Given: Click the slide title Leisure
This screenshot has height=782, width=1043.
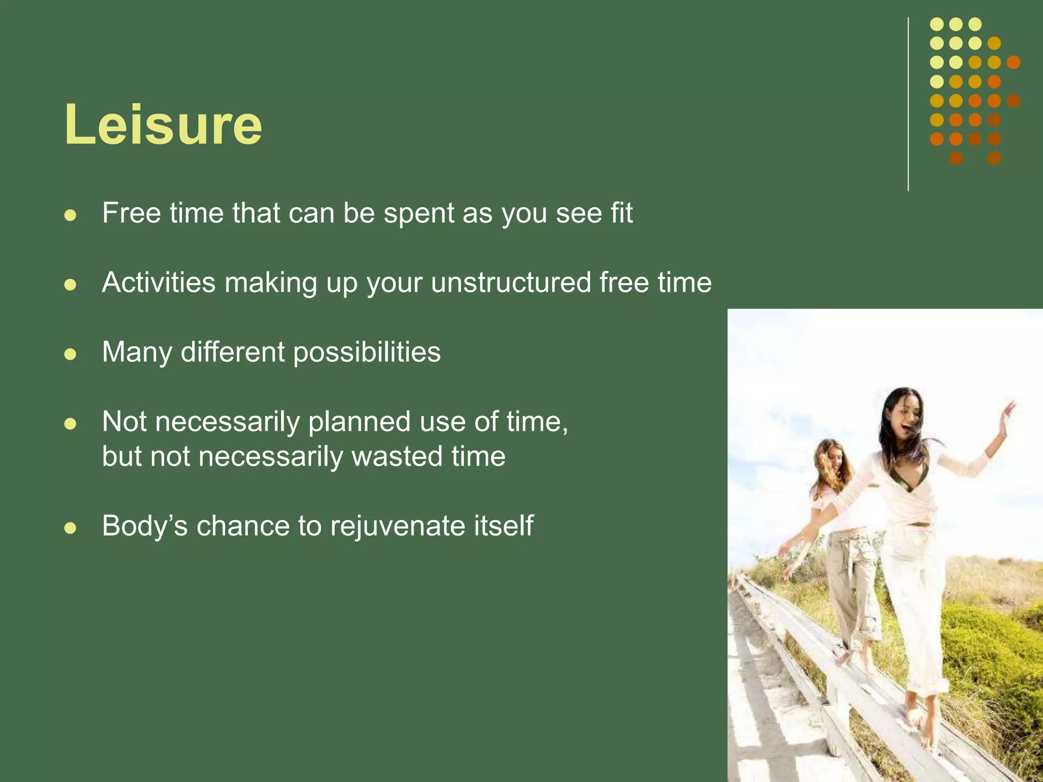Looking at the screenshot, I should [163, 125].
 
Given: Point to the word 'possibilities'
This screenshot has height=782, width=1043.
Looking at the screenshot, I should [367, 352].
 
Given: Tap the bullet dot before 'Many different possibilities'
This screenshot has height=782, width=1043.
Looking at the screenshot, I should [70, 354].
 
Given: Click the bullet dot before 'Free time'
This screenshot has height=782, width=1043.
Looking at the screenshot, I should [70, 215].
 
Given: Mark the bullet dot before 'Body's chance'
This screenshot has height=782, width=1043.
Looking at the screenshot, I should [70, 528].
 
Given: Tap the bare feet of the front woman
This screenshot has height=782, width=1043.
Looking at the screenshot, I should [922, 723].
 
